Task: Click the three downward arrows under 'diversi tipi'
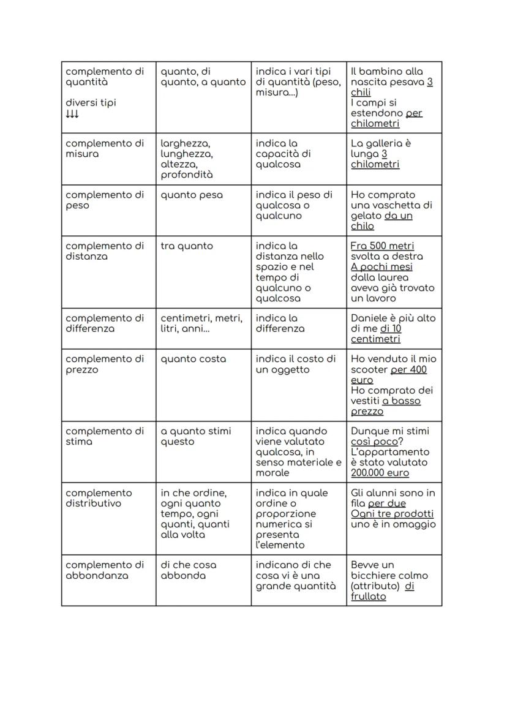click(72, 114)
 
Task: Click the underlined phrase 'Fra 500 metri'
click(382, 246)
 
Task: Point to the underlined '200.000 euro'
click(380, 473)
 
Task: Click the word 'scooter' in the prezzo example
click(369, 370)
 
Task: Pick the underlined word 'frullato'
click(368, 597)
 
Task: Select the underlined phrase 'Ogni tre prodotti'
click(392, 514)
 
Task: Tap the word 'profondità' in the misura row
click(187, 175)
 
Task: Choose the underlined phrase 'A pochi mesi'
click(381, 267)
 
